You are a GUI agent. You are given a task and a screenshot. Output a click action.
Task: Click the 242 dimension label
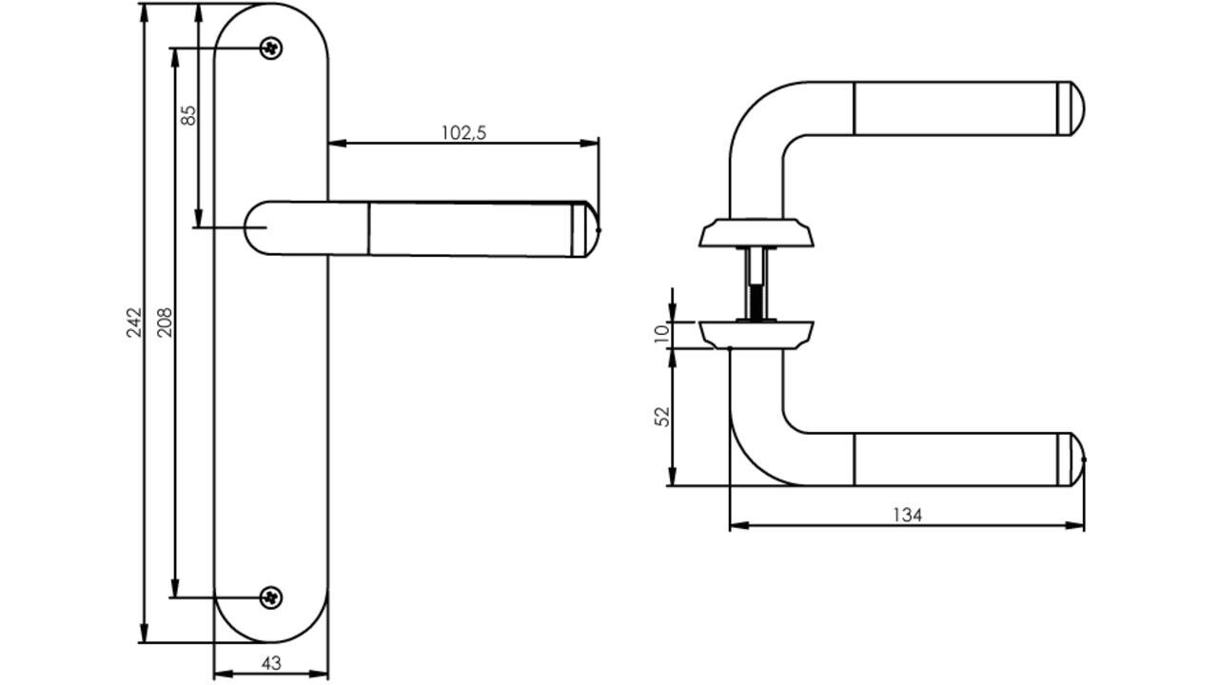(134, 323)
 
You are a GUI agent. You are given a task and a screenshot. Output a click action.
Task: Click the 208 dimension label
(165, 323)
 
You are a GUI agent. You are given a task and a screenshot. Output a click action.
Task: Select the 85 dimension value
(188, 115)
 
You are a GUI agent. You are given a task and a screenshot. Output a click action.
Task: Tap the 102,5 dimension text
(463, 132)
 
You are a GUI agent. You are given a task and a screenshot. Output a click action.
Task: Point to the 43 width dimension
(271, 663)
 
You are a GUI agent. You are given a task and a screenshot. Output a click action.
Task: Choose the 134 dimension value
(908, 515)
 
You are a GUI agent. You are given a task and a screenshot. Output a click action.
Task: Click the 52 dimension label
(662, 417)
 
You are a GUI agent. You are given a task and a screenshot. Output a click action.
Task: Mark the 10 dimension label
(661, 334)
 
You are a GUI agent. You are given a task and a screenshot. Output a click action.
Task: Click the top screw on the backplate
(271, 49)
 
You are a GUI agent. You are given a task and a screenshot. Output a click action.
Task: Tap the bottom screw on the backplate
(271, 598)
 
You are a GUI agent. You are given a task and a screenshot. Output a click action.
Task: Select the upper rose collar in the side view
(756, 233)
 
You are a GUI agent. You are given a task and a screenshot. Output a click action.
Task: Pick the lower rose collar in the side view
(756, 335)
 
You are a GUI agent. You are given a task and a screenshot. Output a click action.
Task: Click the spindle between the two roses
(756, 284)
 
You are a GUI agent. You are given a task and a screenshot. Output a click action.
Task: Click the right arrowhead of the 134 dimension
(1074, 526)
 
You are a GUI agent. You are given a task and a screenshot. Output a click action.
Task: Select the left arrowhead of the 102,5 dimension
(338, 143)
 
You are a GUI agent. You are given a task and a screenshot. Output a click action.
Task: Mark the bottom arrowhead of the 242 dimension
(144, 633)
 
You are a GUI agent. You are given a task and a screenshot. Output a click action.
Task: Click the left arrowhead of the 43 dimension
(224, 675)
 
